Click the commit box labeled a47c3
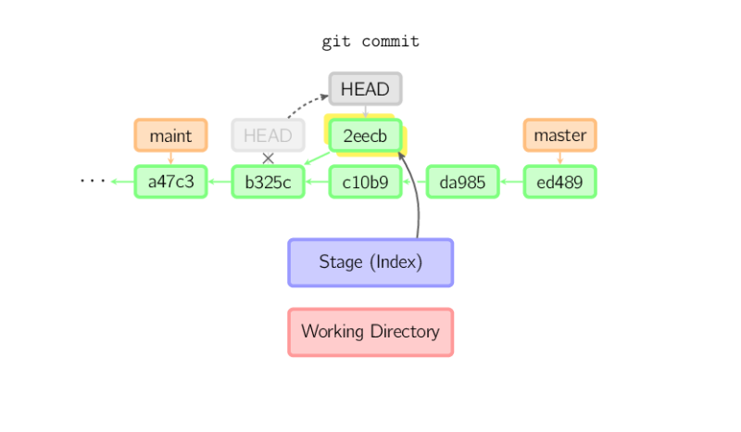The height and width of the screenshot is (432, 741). tap(170, 182)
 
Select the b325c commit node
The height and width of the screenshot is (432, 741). tap(268, 182)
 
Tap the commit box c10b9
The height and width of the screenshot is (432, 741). tap(365, 182)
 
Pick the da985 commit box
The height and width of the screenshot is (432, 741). tap(462, 182)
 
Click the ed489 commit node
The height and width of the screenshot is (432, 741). tap(560, 182)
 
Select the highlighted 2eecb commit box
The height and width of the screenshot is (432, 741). tap(365, 135)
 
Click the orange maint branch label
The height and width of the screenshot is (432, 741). tap(170, 135)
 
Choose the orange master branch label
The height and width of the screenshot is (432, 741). tap(560, 135)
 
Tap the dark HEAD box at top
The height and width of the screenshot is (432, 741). tap(365, 89)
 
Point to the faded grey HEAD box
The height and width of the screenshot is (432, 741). tap(268, 135)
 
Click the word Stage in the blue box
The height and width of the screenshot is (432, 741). tap(340, 262)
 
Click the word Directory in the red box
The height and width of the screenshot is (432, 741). tap(401, 332)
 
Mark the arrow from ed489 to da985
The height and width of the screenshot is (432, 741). tap(511, 182)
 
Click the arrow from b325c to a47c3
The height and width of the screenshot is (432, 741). tap(220, 182)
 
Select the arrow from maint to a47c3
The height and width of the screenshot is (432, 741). tap(170, 159)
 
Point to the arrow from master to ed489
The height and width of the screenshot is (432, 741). tap(560, 159)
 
